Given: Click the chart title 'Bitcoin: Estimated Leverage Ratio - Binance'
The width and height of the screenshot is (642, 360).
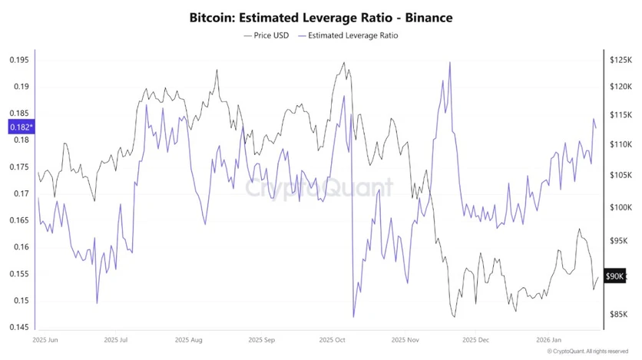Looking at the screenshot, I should click(320, 17).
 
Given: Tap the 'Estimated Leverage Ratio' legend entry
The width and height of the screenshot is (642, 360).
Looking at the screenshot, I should click(352, 35).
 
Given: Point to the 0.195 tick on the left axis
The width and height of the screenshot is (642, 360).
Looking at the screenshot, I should click(19, 60).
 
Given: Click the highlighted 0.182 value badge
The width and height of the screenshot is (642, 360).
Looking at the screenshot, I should click(20, 127).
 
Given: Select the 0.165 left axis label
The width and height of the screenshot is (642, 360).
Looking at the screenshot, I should click(19, 220).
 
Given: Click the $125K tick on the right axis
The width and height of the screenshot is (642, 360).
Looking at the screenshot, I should click(620, 60).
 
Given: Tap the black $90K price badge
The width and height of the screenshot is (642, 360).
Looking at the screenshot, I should click(615, 276).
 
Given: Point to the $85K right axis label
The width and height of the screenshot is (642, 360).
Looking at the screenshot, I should click(620, 314).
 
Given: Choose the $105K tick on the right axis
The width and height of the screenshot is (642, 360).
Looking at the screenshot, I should click(620, 176).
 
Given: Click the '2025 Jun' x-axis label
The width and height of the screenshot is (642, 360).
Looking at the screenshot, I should click(46, 339).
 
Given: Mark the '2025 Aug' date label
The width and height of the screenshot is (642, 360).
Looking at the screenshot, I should click(190, 339).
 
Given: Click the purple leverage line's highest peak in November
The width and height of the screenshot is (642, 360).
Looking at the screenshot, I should click(449, 62).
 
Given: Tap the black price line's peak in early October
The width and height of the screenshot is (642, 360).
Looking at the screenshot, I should click(343, 63).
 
